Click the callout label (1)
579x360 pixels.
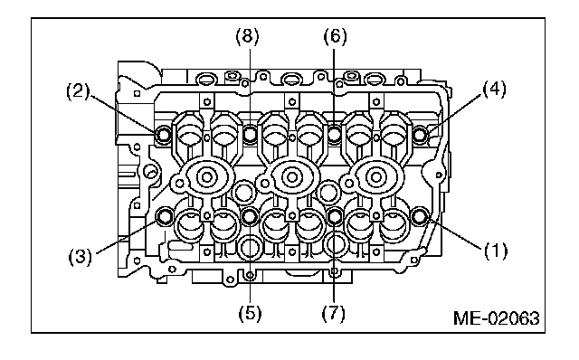click(x=496, y=251)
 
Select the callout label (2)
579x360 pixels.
click(x=78, y=90)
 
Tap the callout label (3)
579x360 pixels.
click(x=81, y=256)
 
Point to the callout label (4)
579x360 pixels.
click(x=494, y=90)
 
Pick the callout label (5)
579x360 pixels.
click(x=250, y=314)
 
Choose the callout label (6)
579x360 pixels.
click(x=336, y=36)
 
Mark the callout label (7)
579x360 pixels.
click(x=333, y=314)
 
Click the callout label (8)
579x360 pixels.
click(x=247, y=36)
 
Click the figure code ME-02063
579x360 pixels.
click(x=497, y=318)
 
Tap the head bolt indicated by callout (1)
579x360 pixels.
click(x=419, y=217)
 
